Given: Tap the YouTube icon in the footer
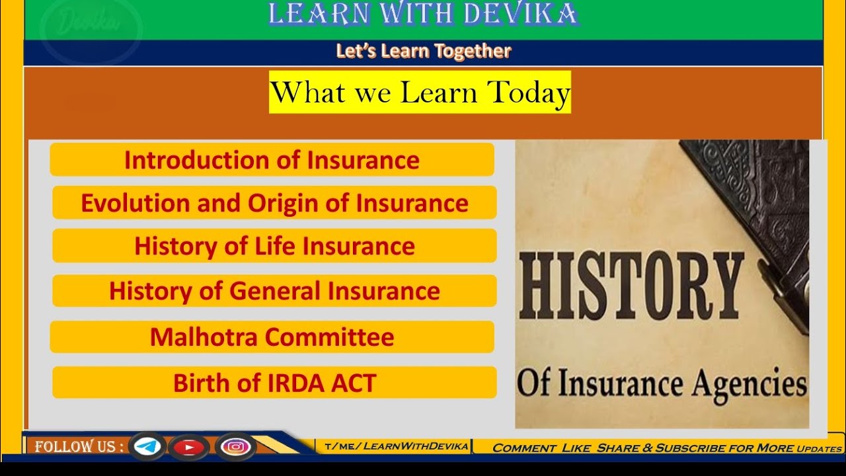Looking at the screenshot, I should click(190, 448).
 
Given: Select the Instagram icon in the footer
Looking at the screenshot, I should click(235, 448).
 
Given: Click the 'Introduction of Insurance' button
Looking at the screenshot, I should click(272, 160).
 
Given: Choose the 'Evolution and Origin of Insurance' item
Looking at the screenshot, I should click(274, 203).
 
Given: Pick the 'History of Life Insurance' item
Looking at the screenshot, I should click(274, 246).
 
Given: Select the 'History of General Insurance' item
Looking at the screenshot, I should click(274, 291).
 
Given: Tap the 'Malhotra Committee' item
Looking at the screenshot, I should click(272, 337).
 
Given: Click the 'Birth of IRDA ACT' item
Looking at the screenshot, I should click(274, 383).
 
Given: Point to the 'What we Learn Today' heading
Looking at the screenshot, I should click(420, 93).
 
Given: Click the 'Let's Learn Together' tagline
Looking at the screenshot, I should click(423, 52).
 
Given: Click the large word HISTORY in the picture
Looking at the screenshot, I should click(631, 288).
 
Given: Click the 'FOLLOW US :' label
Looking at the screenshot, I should click(79, 447).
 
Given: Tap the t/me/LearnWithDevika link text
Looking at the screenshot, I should click(397, 446).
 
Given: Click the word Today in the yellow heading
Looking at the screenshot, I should click(529, 93).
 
